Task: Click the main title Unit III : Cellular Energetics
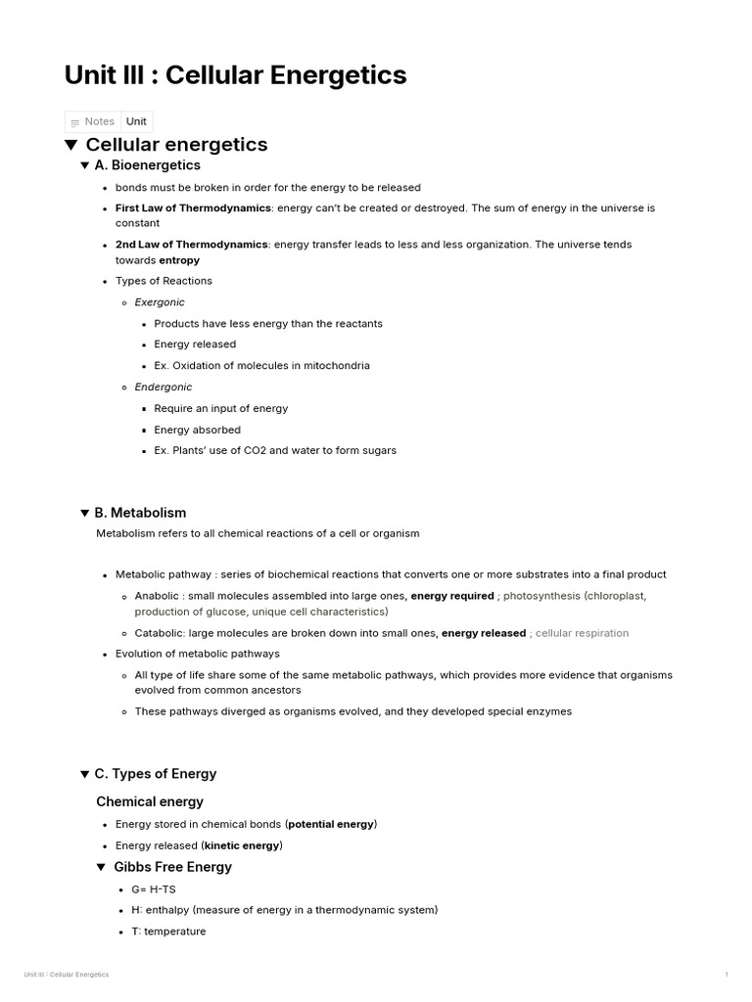(235, 75)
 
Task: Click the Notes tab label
(99, 121)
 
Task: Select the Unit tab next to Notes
(136, 121)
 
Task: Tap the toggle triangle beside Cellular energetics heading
(71, 145)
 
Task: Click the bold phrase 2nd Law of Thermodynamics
(191, 245)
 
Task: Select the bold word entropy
(179, 260)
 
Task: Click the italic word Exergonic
(160, 302)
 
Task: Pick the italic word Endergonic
(164, 387)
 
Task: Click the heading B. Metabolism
(140, 513)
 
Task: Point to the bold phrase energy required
(451, 595)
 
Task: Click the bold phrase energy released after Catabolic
(484, 633)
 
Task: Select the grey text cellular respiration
(582, 633)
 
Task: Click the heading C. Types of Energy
(155, 774)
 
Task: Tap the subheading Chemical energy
(150, 801)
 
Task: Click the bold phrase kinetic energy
(242, 845)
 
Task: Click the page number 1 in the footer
(726, 975)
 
